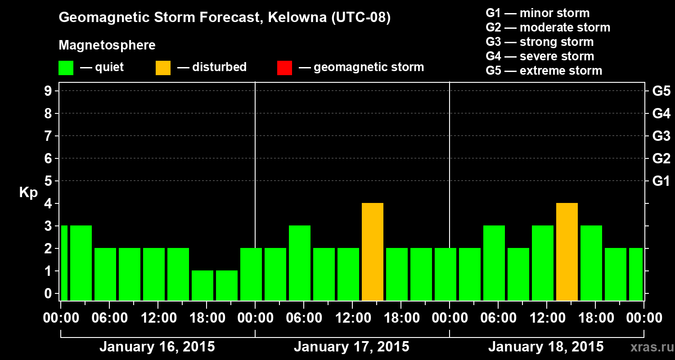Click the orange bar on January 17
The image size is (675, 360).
373,252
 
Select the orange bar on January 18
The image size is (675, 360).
567,252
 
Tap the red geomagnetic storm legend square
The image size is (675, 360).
284,67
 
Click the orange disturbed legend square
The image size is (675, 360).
163,67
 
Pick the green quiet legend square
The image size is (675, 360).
66,67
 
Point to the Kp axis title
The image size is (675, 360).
28,193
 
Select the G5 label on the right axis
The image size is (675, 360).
661,91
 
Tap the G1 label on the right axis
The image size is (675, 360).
661,181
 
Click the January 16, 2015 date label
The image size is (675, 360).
157,347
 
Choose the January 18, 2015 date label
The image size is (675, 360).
546,347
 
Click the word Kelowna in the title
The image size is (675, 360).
290,18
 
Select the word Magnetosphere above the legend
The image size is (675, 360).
107,45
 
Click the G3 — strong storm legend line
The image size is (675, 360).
540,42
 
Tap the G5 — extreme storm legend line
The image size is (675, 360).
544,71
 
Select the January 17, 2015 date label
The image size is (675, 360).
351,347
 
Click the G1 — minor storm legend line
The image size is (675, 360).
537,13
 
